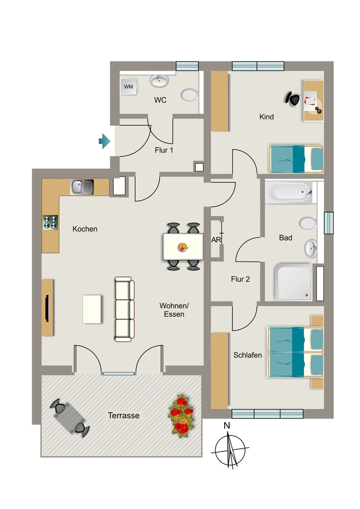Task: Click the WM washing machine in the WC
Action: (x=129, y=86)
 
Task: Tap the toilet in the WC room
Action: (x=189, y=95)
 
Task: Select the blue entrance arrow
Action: (x=104, y=141)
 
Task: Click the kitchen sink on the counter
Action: (x=82, y=187)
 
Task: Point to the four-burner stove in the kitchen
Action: (x=50, y=222)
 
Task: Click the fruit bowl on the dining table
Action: (x=183, y=248)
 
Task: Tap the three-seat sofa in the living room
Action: (x=124, y=309)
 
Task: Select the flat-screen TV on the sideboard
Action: (x=47, y=308)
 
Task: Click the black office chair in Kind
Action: (x=293, y=99)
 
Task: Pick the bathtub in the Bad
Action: (x=288, y=192)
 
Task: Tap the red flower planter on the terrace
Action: (x=181, y=416)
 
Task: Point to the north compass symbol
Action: (x=230, y=448)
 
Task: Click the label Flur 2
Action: (x=240, y=279)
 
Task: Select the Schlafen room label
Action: (x=247, y=355)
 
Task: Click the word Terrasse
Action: (x=124, y=416)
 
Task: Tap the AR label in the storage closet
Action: (x=216, y=240)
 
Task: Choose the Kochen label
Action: (x=85, y=229)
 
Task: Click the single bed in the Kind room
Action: (x=296, y=159)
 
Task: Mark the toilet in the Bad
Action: (x=308, y=223)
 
